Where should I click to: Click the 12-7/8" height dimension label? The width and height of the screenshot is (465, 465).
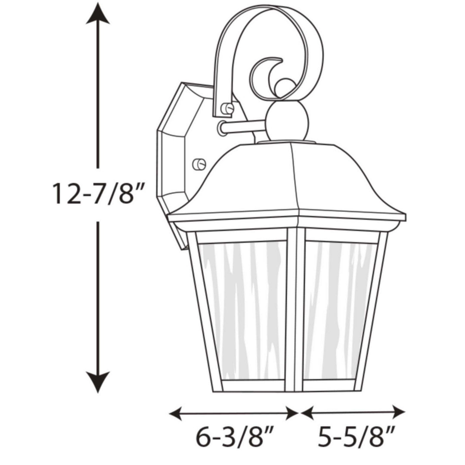(97, 194)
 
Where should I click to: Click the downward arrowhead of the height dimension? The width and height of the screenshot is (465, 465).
(98, 383)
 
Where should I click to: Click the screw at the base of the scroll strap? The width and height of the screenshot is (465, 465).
(227, 108)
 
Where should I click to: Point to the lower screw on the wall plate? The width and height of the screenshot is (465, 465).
(200, 164)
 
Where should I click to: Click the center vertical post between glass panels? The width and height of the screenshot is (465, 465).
(296, 310)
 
